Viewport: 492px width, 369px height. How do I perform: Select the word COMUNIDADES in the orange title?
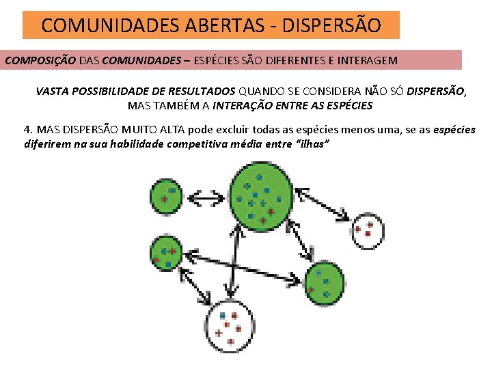(111, 26)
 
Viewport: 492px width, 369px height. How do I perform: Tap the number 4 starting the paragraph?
(27, 130)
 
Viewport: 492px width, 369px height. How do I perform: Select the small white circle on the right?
(367, 230)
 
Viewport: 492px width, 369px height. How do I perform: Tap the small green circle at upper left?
(165, 195)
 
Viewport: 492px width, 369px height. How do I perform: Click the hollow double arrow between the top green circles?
(206, 198)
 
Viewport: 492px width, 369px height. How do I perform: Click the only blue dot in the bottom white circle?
(223, 315)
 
